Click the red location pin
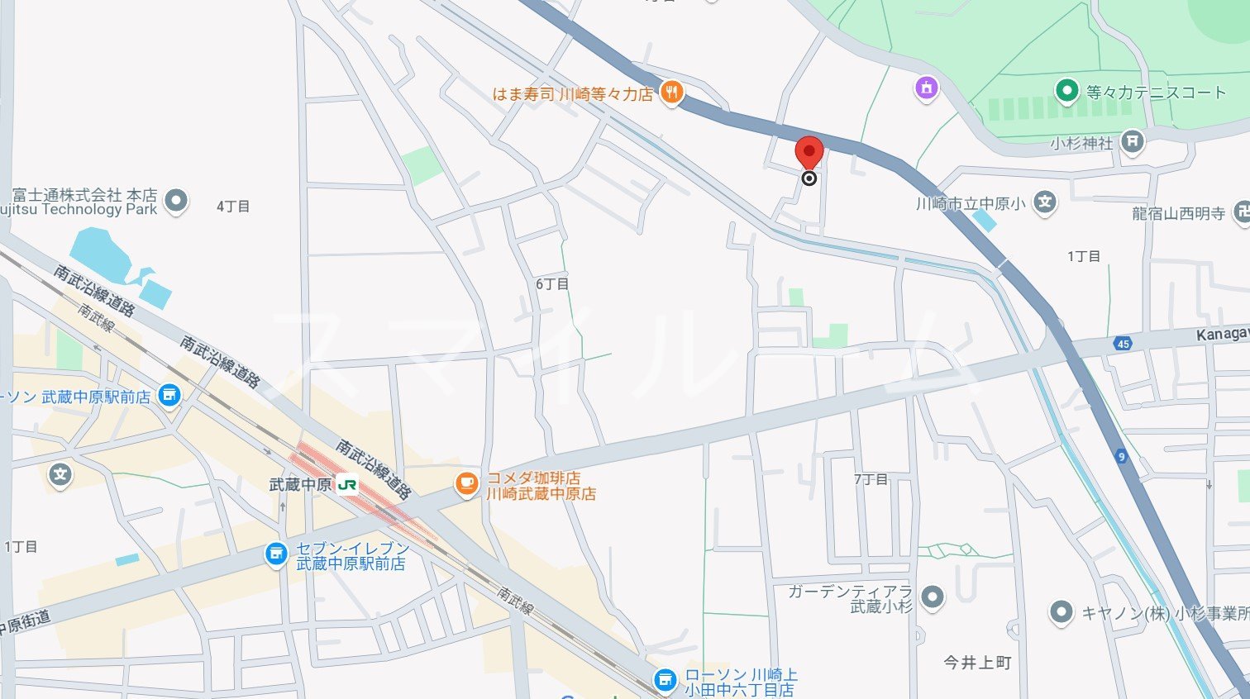(x=809, y=154)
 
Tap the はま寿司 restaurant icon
(x=673, y=93)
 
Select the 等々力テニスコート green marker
(x=1067, y=91)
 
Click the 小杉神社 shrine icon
(x=1133, y=142)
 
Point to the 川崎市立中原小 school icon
(x=1045, y=202)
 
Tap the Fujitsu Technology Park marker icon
(x=175, y=201)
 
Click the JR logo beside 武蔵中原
(x=347, y=484)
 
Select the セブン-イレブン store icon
(x=276, y=554)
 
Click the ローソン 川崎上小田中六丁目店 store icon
(x=664, y=680)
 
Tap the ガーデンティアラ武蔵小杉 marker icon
(x=933, y=597)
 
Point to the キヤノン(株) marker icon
(x=1062, y=612)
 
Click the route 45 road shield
(x=1122, y=344)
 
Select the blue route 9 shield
(x=1121, y=456)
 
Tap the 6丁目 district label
(x=552, y=284)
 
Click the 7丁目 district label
(x=871, y=479)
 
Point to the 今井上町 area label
(x=977, y=663)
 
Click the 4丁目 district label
(x=233, y=207)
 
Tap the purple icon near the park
(x=927, y=88)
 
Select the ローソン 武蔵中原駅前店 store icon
(x=170, y=395)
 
